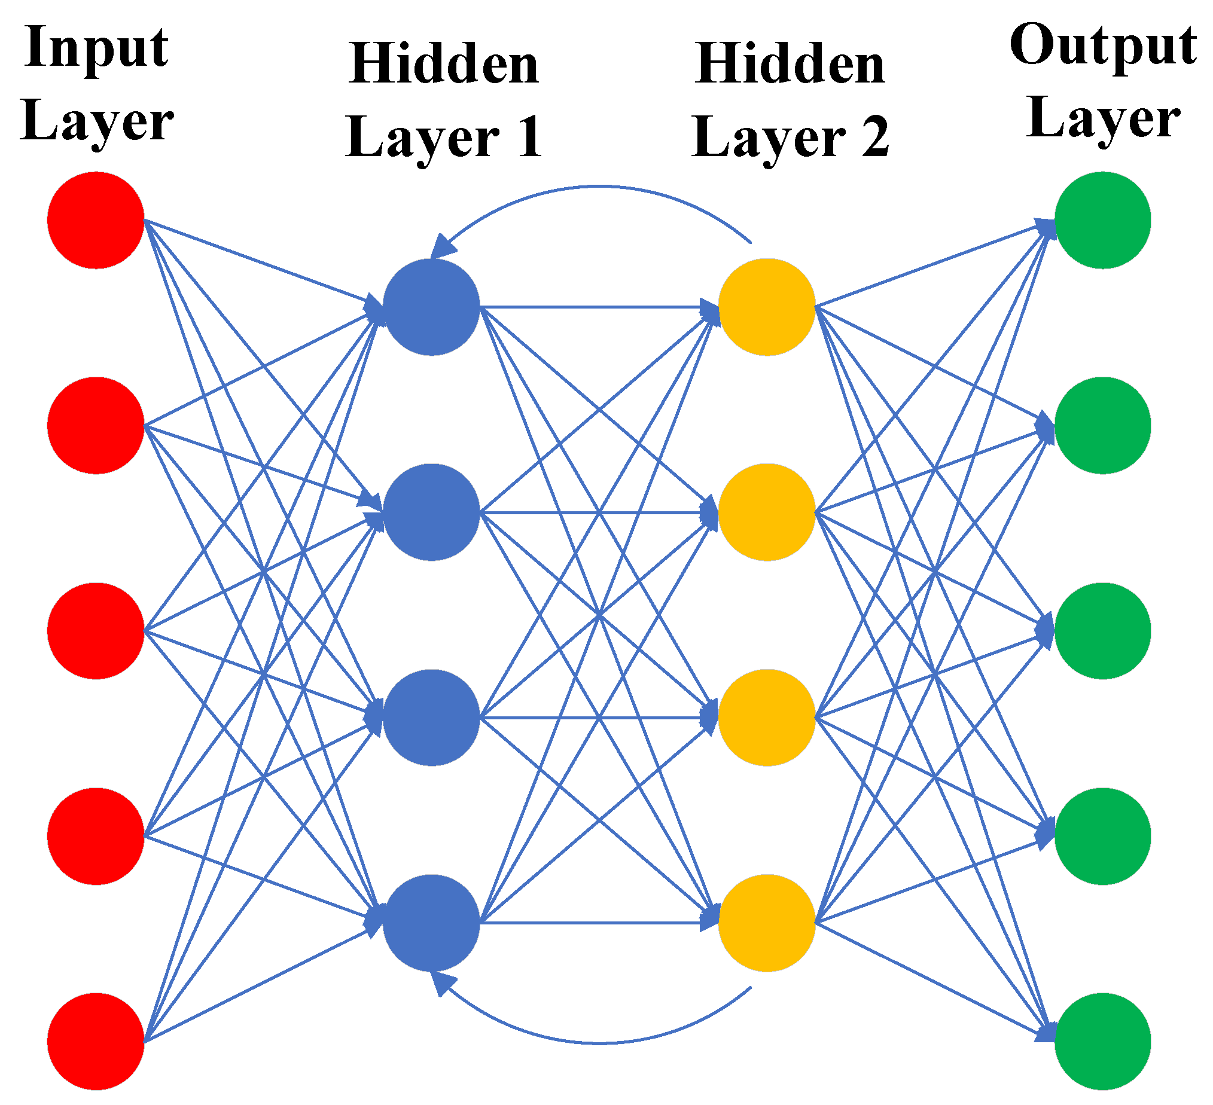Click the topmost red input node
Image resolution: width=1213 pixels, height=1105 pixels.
(x=96, y=220)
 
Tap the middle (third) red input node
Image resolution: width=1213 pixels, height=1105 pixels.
(x=96, y=631)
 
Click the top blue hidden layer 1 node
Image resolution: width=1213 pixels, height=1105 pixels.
(x=431, y=307)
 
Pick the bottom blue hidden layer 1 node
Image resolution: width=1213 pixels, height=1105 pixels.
(x=431, y=923)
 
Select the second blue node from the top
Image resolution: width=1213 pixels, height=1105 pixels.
(x=431, y=512)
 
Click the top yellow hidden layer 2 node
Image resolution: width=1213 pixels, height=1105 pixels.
(x=767, y=307)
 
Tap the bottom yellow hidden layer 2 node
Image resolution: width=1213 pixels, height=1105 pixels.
(x=767, y=923)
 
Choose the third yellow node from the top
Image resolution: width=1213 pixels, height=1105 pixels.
(x=767, y=718)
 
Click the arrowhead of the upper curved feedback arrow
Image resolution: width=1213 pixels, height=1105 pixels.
(x=441, y=246)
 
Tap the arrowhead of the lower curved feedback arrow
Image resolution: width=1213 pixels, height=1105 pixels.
(x=441, y=983)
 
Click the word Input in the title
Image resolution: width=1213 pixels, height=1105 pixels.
(x=96, y=48)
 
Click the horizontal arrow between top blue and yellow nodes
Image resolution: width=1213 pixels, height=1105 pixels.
(x=599, y=307)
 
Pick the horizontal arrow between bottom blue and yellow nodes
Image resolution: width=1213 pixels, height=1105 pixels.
(x=599, y=923)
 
